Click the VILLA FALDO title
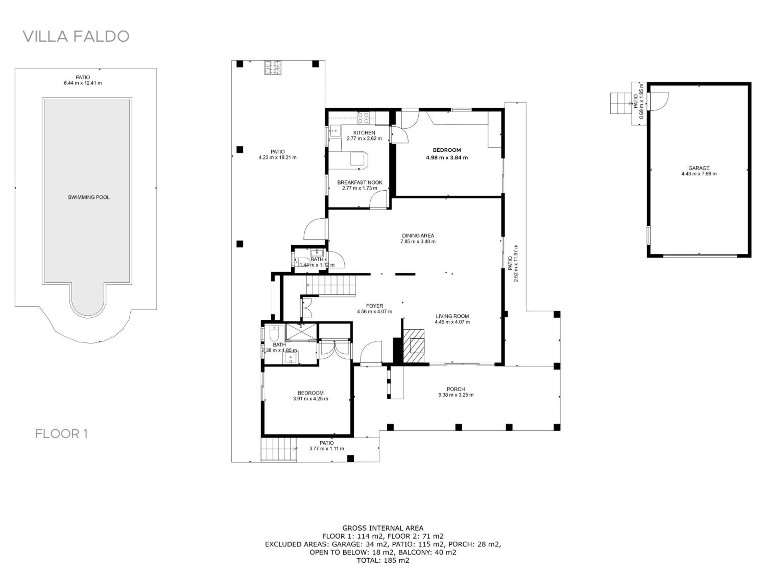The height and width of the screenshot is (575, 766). coord(76,36)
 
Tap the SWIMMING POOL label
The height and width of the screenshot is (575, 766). coord(89,197)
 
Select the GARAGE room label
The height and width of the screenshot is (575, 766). coord(699,168)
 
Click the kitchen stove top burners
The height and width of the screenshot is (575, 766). coord(363,118)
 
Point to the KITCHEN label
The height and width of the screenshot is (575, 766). coord(364,133)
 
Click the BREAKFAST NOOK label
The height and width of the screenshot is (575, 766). coord(360,182)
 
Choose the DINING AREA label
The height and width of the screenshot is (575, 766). coord(418,236)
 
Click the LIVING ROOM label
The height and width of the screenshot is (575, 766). coord(452,316)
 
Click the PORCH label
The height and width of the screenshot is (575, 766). coord(456,389)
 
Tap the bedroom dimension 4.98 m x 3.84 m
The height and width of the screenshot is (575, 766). coord(447,158)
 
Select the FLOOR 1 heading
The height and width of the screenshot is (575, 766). coord(61,434)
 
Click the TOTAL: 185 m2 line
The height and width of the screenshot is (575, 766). coord(383,560)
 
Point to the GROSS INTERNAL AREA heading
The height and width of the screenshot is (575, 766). coord(383,528)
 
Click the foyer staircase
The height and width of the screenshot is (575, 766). coord(331,285)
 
